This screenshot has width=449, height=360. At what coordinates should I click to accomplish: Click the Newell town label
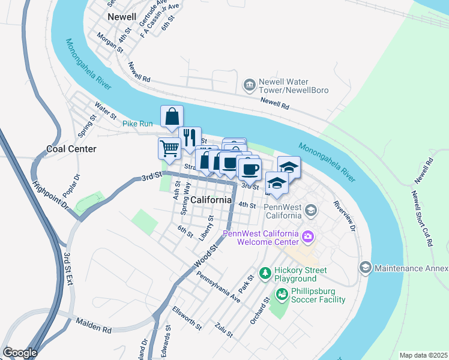coord(122,17)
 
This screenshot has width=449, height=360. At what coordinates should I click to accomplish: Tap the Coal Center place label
coord(71,149)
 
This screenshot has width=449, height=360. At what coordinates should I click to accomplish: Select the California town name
coord(211,200)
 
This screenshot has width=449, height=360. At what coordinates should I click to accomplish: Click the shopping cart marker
coord(170,147)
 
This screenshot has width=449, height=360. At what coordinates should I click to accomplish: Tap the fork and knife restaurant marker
coord(190,137)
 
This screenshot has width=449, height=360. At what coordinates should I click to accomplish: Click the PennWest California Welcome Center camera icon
coord(308,236)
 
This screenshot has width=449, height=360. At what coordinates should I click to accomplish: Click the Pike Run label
coord(138,124)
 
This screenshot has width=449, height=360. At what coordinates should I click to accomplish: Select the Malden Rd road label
coord(94,325)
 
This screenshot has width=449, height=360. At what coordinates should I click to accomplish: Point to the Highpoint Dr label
coord(51,195)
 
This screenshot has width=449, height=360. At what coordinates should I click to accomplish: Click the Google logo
coord(19,353)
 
